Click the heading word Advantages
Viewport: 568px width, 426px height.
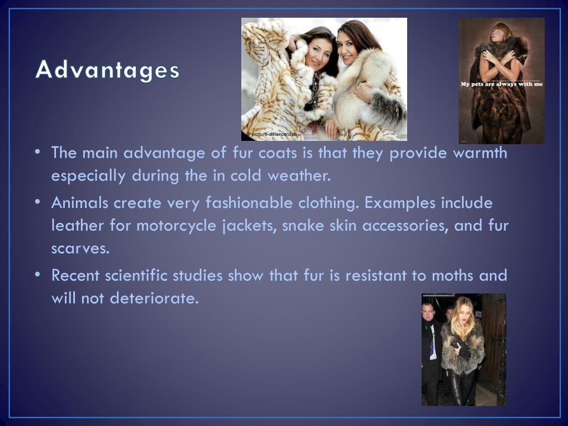pos(108,70)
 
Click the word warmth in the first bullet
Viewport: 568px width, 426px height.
pos(480,153)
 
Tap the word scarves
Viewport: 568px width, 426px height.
pos(80,248)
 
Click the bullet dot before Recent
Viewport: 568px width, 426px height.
pos(37,275)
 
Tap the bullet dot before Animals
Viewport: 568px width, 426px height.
pos(37,202)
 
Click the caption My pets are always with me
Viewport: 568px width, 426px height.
pos(502,84)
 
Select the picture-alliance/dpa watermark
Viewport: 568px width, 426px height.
pos(272,134)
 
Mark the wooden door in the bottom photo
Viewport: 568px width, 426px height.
pos(494,344)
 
